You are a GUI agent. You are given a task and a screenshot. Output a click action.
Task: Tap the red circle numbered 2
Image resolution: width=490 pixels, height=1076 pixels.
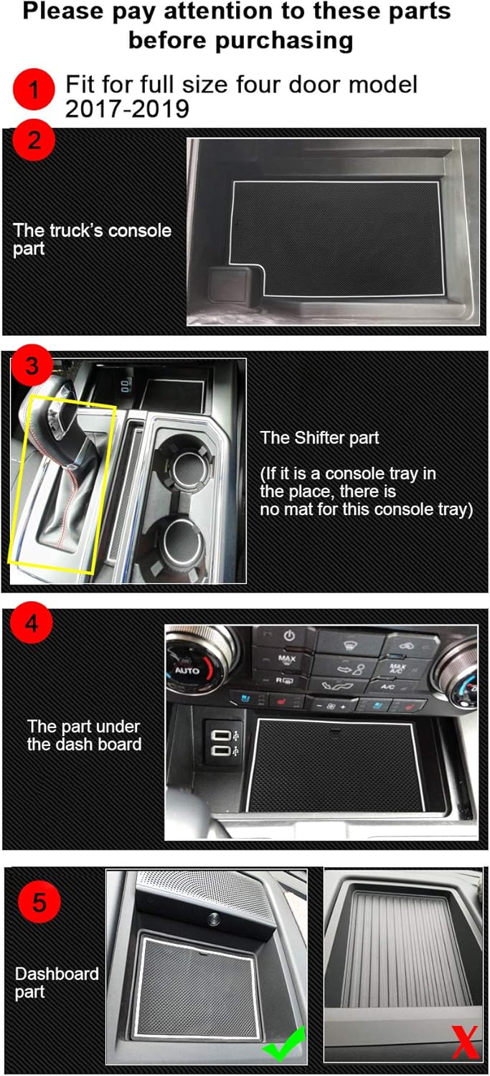(x=34, y=140)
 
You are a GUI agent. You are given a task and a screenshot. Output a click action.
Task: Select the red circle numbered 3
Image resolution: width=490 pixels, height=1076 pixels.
(x=32, y=366)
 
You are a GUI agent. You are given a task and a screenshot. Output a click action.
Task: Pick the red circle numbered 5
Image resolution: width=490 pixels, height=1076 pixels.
(x=39, y=901)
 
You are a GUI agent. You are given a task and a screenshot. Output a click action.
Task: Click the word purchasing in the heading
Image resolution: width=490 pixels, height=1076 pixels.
(x=240, y=40)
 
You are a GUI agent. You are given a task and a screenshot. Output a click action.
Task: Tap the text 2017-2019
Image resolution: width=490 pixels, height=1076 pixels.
(x=127, y=109)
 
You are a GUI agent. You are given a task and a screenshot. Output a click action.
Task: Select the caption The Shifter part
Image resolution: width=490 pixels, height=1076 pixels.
(x=319, y=438)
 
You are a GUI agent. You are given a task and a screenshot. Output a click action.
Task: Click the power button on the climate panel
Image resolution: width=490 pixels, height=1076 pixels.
(x=290, y=636)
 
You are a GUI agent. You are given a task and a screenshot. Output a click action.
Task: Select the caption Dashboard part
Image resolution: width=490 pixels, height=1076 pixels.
(x=57, y=983)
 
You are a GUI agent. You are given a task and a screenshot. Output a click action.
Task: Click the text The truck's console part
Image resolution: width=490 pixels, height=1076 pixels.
(x=92, y=240)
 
